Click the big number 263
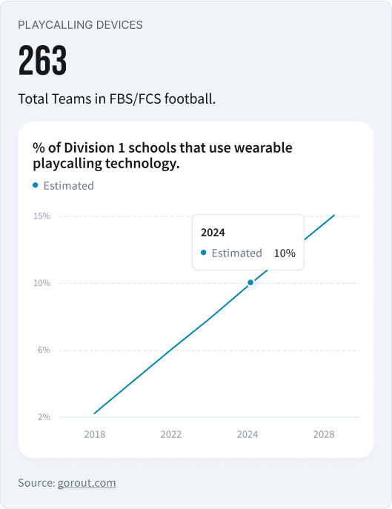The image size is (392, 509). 42,61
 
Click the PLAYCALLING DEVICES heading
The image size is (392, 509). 80,24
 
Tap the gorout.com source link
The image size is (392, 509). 87,482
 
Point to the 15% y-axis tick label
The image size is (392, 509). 41,216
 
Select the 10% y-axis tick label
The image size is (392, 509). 41,283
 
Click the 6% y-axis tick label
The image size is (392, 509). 44,350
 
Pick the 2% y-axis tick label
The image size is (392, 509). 44,416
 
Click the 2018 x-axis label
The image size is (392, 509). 94,434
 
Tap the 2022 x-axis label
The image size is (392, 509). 171,434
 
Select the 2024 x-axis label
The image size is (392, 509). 248,434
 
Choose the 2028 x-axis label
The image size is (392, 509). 324,434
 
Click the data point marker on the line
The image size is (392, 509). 250,282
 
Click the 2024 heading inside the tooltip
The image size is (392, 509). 213,232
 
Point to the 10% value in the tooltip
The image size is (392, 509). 285,253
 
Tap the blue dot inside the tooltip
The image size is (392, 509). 204,253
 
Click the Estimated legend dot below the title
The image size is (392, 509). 36,185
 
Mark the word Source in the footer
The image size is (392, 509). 34,482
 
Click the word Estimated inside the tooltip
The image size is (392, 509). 236,253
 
